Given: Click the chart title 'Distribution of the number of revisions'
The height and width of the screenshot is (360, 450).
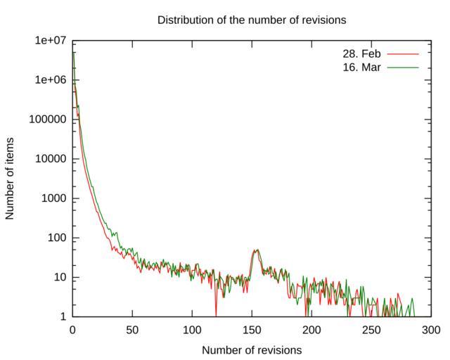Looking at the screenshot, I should pyautogui.click(x=252, y=20).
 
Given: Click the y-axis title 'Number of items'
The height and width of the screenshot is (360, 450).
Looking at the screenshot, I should pyautogui.click(x=10, y=179).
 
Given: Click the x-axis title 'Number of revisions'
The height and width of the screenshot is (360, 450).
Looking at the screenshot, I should pyautogui.click(x=252, y=349).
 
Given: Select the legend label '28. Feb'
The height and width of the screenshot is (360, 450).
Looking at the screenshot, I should pyautogui.click(x=361, y=53).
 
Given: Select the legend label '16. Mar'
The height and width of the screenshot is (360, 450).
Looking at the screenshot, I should pyautogui.click(x=361, y=67).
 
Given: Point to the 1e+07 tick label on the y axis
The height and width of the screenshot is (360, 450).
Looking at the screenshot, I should pyautogui.click(x=51, y=41).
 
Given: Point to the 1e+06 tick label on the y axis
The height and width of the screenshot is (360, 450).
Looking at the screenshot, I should pyautogui.click(x=51, y=80).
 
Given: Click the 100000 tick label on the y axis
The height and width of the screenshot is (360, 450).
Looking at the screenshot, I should pyautogui.click(x=47, y=120).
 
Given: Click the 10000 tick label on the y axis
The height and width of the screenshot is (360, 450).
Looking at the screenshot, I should pyautogui.click(x=50, y=159).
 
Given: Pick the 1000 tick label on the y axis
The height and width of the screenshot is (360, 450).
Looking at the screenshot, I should pyautogui.click(x=53, y=198).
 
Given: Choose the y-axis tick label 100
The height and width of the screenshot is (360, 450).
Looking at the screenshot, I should pyautogui.click(x=56, y=238).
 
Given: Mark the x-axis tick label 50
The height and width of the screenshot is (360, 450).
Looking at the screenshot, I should pyautogui.click(x=132, y=330).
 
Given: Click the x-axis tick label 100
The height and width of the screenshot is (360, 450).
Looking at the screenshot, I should pyautogui.click(x=192, y=330).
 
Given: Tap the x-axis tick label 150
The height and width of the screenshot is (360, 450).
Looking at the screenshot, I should pyautogui.click(x=252, y=330).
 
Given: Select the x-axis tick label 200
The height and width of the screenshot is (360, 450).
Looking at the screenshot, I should pyautogui.click(x=311, y=330).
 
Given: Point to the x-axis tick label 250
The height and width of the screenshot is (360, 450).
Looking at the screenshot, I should pyautogui.click(x=371, y=330).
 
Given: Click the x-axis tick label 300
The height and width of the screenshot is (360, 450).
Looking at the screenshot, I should pyautogui.click(x=430, y=330).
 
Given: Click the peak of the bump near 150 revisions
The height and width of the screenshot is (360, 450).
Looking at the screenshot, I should pyautogui.click(x=257, y=250).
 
